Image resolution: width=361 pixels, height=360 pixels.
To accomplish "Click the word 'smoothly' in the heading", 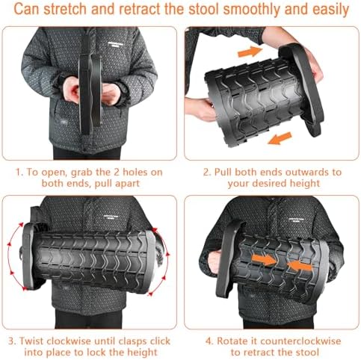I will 246,10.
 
